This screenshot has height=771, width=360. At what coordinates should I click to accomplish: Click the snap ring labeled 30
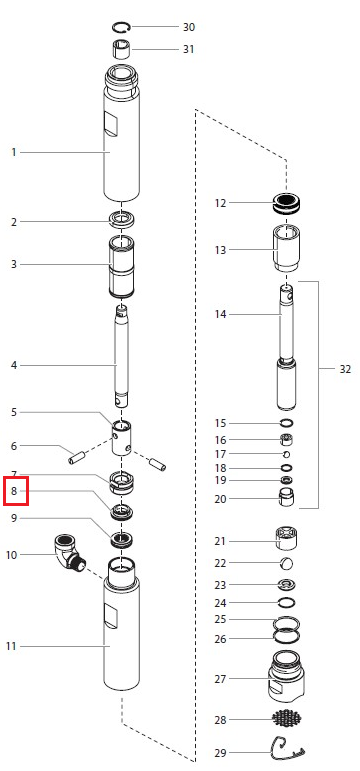click(120, 23)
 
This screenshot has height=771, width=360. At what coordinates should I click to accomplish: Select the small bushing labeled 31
click(121, 50)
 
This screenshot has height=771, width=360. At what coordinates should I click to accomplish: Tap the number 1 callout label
click(14, 152)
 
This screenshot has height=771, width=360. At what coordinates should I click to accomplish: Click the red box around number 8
click(16, 491)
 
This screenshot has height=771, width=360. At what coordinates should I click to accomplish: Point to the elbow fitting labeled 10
click(68, 552)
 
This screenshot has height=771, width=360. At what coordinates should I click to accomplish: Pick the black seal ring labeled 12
click(287, 203)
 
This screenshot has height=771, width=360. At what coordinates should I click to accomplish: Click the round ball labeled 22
click(287, 563)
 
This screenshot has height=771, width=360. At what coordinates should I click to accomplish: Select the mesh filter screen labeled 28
click(287, 719)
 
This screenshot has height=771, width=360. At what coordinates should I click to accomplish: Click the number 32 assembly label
click(345, 369)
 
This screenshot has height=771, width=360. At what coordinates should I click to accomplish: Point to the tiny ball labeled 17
click(287, 454)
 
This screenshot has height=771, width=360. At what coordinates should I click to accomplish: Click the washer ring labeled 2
click(121, 219)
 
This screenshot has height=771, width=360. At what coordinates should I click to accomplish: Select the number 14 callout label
click(220, 314)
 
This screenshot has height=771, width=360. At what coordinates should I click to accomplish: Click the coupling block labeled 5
click(121, 437)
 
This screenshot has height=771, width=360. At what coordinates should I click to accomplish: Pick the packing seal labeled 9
click(121, 539)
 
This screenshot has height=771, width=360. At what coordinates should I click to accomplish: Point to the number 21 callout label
click(220, 541)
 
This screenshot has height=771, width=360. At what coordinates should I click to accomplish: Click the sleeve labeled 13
click(287, 247)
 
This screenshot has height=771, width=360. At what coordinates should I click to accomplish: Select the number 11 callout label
click(11, 646)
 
